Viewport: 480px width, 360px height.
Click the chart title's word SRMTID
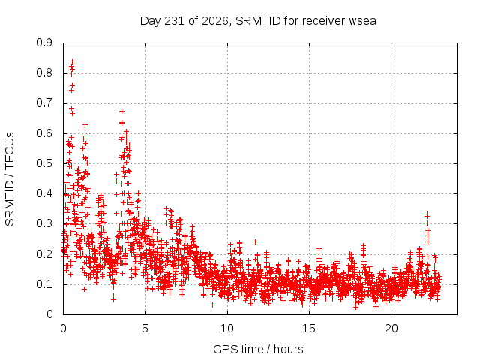258,21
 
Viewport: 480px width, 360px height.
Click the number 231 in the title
174,21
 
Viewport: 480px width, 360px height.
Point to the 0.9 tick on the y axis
44,43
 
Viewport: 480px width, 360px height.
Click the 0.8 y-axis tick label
44,73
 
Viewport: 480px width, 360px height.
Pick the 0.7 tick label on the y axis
44,103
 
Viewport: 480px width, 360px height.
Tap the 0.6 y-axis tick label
44,133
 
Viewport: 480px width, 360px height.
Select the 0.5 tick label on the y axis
44,163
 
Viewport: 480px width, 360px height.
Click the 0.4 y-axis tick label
44,193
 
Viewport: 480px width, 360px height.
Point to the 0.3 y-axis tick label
44,223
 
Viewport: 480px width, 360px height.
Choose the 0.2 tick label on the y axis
44,253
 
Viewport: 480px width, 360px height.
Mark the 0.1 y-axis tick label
44,283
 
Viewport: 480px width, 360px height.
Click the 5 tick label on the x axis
145,328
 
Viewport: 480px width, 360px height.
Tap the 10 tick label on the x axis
227,328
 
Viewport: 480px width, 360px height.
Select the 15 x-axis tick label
309,328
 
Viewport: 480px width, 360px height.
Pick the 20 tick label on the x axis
391,328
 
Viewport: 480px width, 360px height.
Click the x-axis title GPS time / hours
258,349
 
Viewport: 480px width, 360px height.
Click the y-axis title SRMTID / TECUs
10,179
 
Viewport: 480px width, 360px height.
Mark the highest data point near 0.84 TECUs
72,62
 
